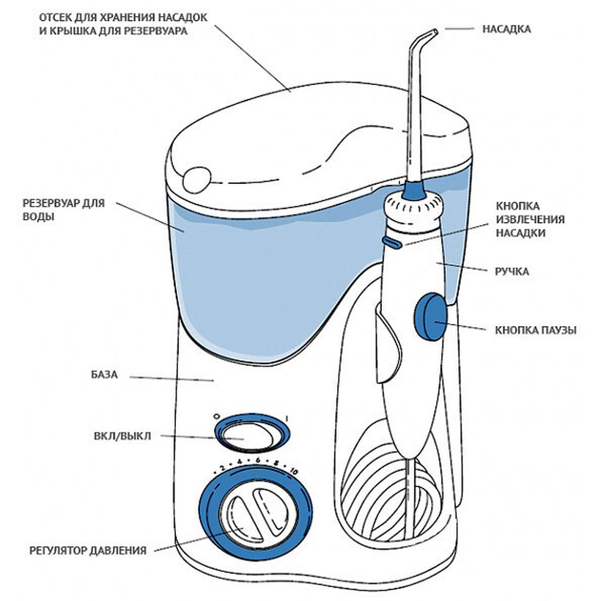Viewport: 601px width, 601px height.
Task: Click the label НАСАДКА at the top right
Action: click(x=506, y=30)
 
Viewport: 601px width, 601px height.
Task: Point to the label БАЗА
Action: click(x=102, y=375)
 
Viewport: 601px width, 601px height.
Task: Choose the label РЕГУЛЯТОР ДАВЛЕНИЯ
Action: click(x=88, y=550)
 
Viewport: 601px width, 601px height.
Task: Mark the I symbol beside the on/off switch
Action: click(x=286, y=419)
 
